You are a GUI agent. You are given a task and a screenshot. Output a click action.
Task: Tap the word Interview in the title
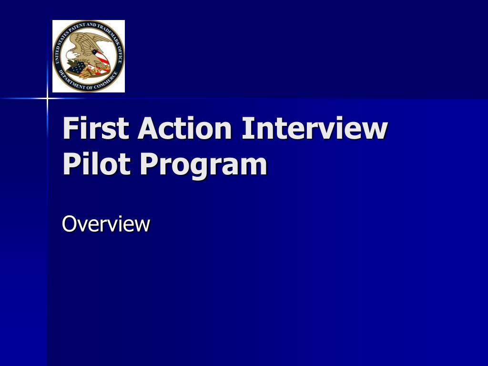[315, 129]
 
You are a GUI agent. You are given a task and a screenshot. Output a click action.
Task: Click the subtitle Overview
[106, 224]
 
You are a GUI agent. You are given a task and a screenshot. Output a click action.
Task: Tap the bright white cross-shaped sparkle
[47, 99]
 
